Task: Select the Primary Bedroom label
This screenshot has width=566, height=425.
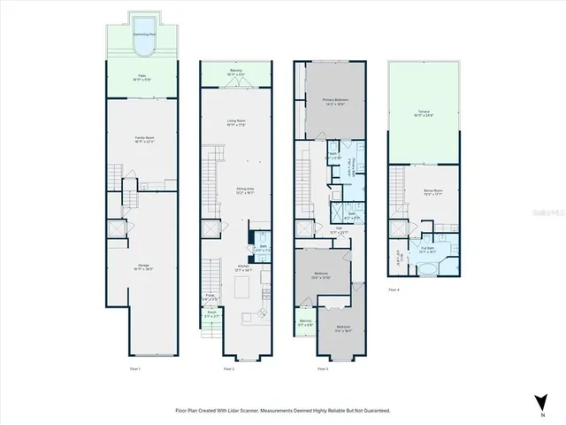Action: pos(335,101)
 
